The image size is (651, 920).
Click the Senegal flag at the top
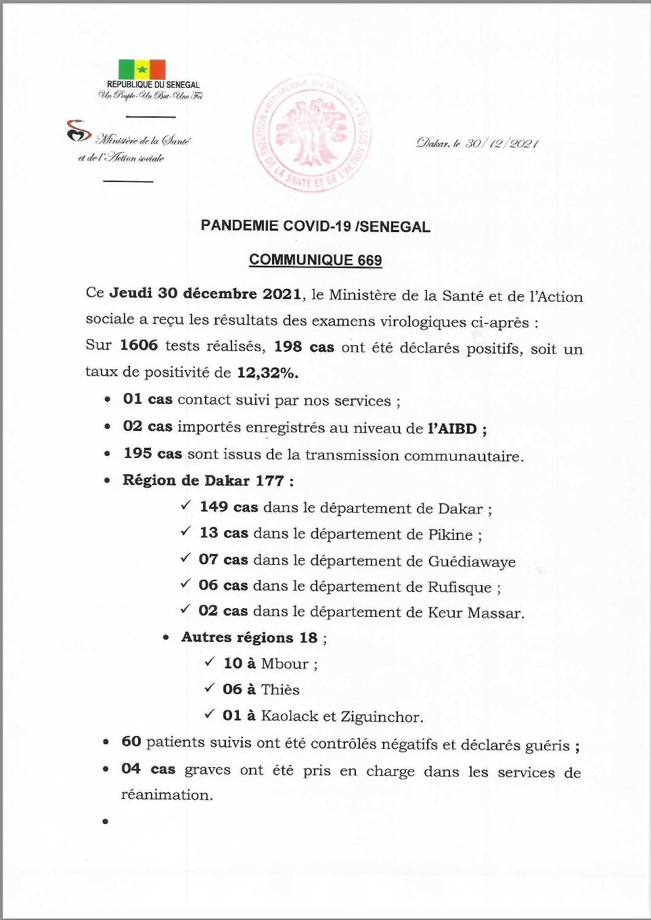point(142,69)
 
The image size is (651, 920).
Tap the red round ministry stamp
point(312,133)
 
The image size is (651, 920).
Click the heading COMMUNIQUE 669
point(315,260)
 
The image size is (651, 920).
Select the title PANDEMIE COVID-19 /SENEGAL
point(315,227)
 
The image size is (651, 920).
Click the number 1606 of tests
point(139,346)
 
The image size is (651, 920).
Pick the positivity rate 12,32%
point(267,373)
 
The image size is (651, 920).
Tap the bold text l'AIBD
point(452,428)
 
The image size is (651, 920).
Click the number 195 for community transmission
point(137,453)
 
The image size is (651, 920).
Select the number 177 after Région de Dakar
point(269,481)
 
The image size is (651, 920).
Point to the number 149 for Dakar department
point(214,507)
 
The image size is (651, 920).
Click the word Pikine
point(450,535)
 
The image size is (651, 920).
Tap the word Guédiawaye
point(472,562)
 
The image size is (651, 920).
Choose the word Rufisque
point(459,587)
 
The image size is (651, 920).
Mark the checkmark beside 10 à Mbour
point(210,662)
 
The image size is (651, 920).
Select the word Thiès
point(280,690)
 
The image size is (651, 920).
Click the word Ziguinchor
point(382,717)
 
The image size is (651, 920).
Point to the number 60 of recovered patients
point(131,741)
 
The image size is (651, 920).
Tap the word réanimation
point(166,796)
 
